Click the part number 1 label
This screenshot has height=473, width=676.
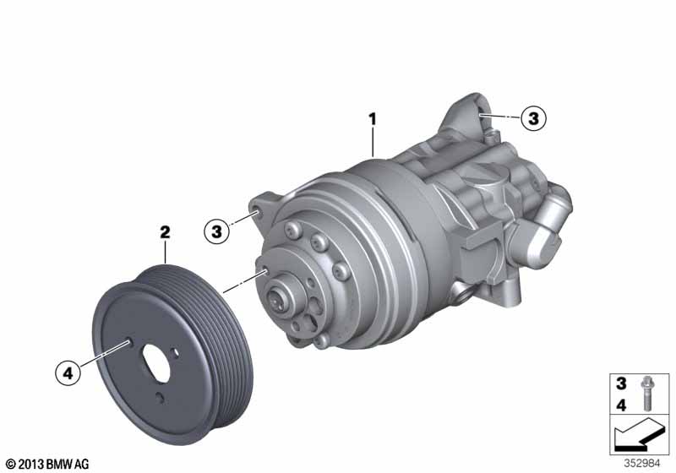373,119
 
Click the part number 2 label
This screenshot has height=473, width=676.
165,232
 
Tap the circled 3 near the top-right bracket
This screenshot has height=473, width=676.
533,118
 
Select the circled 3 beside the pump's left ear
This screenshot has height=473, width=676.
216,231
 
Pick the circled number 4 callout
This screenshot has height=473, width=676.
68,373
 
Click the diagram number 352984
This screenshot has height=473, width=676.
642,464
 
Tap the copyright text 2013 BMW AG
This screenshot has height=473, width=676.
48,465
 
